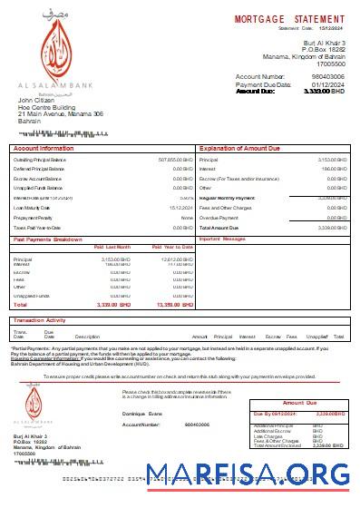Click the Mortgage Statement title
pos(290,18)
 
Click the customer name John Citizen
pos(37,100)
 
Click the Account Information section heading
pos(44,147)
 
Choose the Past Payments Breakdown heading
pos(48,239)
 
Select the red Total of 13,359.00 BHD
pos(175,305)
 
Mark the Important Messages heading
pos(222,239)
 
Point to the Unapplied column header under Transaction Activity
pos(317,337)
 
